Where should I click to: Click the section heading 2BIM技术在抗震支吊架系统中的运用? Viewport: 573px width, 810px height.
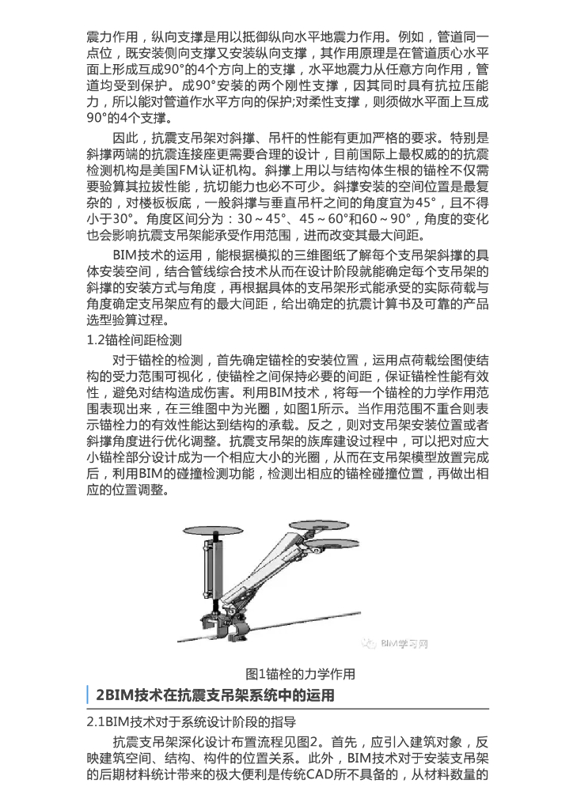click(x=214, y=696)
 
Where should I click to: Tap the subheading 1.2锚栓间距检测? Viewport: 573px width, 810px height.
click(x=134, y=340)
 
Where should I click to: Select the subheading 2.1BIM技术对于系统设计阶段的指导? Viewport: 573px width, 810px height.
click(x=191, y=722)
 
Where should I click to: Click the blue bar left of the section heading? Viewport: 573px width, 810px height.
click(x=87, y=696)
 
